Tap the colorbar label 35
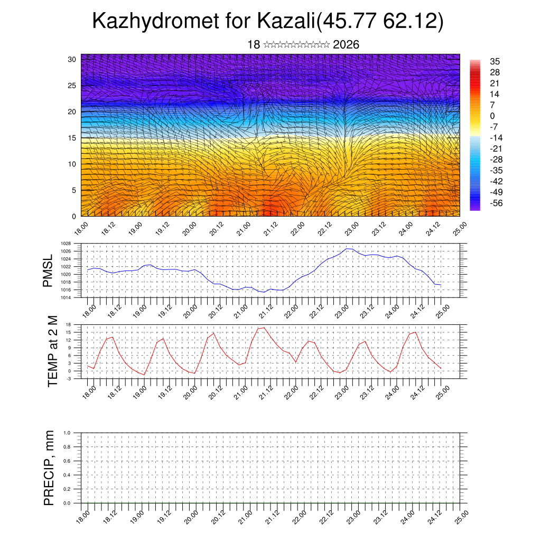click(495, 61)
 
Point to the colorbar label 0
click(492, 116)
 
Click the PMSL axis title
click(48, 270)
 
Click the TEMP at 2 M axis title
click(52, 351)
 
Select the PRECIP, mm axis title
click(49, 468)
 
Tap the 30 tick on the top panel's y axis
click(72, 59)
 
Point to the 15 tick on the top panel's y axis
click(72, 138)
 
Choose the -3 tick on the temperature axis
click(69, 379)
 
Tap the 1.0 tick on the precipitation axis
click(67, 433)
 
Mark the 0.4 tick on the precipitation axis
click(67, 475)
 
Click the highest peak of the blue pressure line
click(347, 248)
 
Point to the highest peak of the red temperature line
click(264, 328)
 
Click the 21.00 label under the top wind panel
click(244, 230)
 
